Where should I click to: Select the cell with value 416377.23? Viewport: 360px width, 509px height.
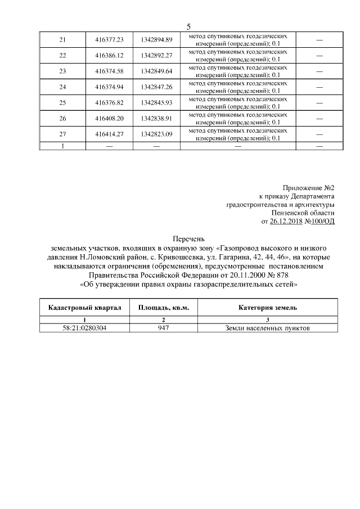[x=110, y=39]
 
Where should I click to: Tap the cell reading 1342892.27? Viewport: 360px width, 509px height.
[x=157, y=55]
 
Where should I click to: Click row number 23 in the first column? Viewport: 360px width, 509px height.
[x=62, y=71]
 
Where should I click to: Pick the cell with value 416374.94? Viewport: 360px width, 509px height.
[x=110, y=87]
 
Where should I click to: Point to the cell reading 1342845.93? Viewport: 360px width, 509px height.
[x=157, y=103]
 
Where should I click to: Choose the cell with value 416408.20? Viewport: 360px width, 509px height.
[x=110, y=119]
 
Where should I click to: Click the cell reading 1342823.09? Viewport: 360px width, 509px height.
[x=157, y=134]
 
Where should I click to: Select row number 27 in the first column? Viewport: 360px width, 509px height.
[x=62, y=134]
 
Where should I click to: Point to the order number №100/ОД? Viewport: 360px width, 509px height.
[x=319, y=222]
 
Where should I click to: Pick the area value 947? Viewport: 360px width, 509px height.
[x=164, y=328]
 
